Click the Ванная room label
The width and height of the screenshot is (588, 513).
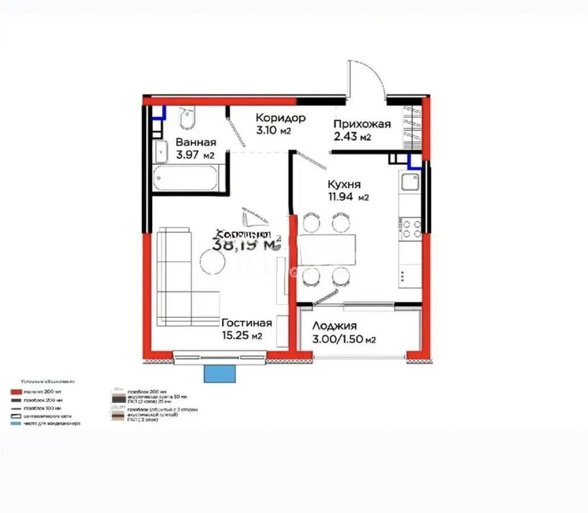coord(195,142)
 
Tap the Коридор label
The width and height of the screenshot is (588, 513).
coord(280,118)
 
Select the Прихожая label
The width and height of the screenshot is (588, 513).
coord(362,124)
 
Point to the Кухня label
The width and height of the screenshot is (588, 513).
coord(344,185)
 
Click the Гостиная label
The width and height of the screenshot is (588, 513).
coord(246,323)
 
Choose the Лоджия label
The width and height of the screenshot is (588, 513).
coord(334,326)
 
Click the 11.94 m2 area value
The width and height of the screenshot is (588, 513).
coord(348,198)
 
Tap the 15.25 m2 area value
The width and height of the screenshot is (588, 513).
coord(242,336)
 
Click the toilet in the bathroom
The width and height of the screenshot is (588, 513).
coord(187,119)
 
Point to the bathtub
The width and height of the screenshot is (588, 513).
coord(186,178)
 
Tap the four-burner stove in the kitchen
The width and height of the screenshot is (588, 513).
coord(410,228)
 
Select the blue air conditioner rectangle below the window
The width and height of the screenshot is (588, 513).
coord(219,374)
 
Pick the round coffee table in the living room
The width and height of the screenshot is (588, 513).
coord(213,262)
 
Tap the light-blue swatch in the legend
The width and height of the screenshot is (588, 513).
coord(16,424)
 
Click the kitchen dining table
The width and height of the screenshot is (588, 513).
coord(327,249)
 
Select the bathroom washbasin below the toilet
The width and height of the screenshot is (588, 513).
coord(161,151)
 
